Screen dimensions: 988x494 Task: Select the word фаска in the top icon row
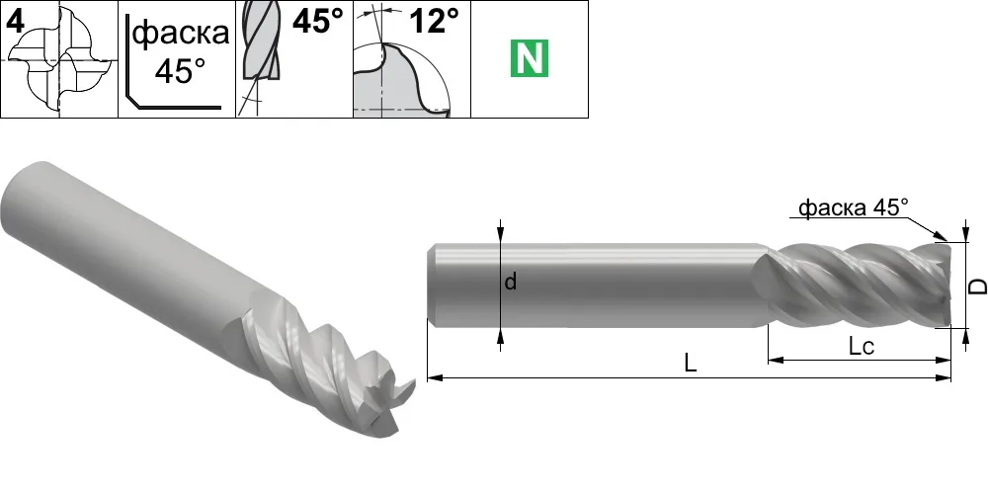182,33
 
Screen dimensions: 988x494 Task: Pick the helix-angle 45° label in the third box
318,22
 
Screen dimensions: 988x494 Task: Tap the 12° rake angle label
435,22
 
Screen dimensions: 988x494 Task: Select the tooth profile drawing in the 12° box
403,79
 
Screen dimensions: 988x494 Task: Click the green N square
530,58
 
